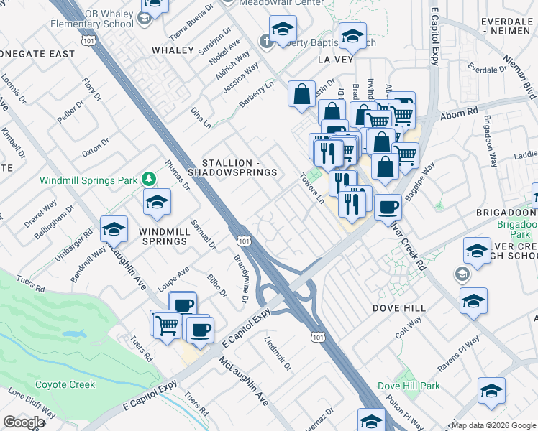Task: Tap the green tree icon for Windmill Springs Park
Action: [148, 178]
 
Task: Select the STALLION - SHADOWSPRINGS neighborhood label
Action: [232, 167]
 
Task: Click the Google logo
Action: [24, 422]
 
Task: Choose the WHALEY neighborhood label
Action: [173, 50]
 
